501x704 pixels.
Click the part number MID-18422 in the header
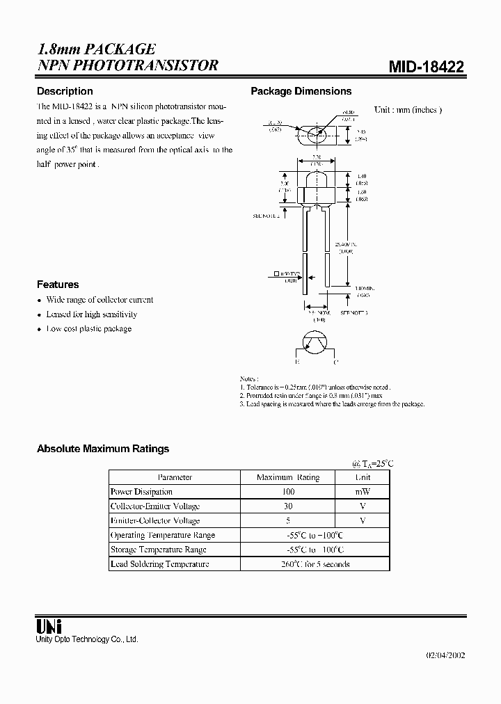point(426,67)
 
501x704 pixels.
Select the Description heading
point(65,91)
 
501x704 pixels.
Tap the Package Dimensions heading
point(301,91)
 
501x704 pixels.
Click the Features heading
point(58,285)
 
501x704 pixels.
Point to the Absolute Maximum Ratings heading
point(103,449)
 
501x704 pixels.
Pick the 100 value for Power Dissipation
point(288,492)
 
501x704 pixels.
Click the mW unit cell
point(363,492)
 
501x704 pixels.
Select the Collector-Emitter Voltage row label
point(155,506)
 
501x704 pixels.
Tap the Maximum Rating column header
point(288,477)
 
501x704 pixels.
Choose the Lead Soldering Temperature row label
point(160,564)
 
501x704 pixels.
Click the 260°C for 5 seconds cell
point(315,564)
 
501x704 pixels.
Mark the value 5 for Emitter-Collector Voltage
point(288,520)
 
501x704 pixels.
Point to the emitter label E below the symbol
point(296,362)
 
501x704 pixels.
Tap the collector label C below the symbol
point(335,362)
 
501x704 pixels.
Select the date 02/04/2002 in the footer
point(445,655)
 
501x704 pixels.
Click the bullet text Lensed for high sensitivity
point(92,314)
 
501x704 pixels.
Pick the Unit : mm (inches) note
point(408,110)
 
